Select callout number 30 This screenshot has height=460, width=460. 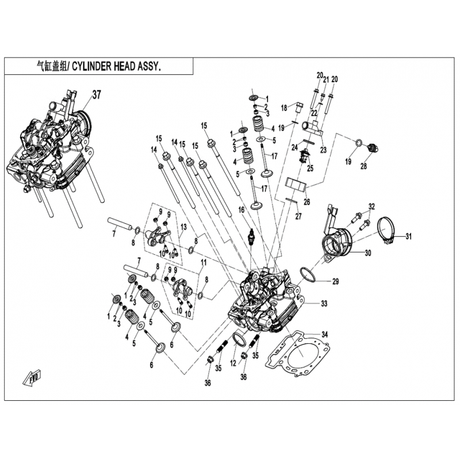[x=368, y=252]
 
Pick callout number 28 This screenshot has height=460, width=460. [x=363, y=167]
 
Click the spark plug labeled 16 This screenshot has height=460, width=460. [x=251, y=237]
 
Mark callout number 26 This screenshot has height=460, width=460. [x=306, y=202]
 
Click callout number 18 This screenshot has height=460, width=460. [x=284, y=108]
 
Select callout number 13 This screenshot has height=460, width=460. [x=183, y=228]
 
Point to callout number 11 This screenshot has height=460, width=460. [x=203, y=262]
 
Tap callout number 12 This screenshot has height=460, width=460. [x=233, y=363]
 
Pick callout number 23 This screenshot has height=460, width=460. [x=323, y=149]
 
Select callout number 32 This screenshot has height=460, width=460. [x=371, y=206]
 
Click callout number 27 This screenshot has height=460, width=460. [x=298, y=216]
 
